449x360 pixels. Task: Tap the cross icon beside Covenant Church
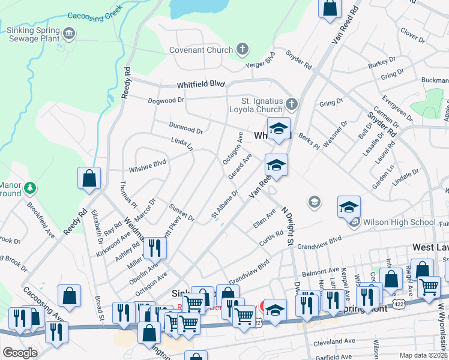[243, 49]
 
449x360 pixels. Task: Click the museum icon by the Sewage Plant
[70, 32]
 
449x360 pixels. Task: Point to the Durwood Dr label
[186, 129]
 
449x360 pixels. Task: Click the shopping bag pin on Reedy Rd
[89, 178]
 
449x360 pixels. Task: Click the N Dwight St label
[286, 227]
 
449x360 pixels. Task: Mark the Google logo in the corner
[19, 353]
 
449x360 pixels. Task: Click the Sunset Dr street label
[182, 212]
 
